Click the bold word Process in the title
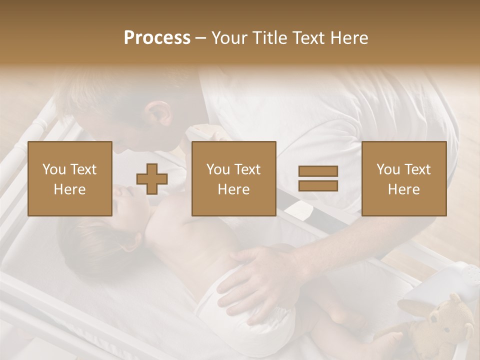(157, 38)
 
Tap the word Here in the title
(348, 38)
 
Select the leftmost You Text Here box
(70, 178)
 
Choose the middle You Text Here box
(234, 178)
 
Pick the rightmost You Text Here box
(404, 178)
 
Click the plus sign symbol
(152, 178)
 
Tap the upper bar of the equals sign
(318, 171)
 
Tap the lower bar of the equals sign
(318, 185)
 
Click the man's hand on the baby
(260, 280)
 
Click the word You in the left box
(54, 169)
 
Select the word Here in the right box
(404, 189)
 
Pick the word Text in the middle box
(247, 169)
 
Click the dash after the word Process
(201, 38)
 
